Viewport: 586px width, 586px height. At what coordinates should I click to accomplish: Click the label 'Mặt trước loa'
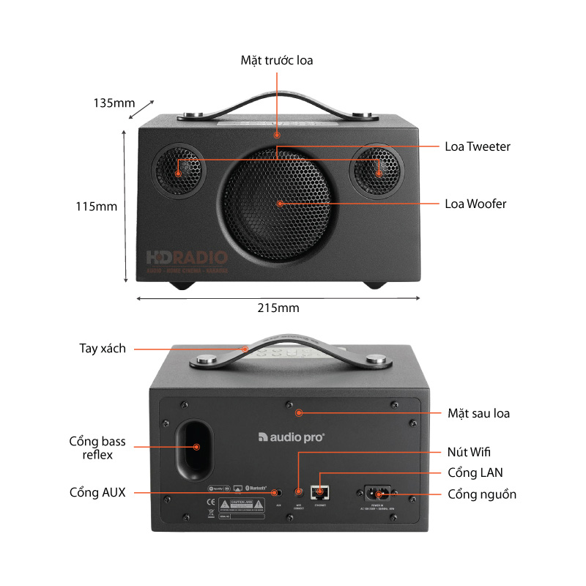tap(276, 60)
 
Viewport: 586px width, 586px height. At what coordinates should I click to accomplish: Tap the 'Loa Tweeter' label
tap(478, 146)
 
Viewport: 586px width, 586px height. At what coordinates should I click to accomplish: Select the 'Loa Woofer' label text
tap(475, 204)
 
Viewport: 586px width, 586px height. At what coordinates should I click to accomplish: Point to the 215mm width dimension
tap(278, 308)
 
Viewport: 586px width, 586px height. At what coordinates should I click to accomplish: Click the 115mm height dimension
tap(96, 207)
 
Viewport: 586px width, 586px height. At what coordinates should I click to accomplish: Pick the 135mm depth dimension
tap(114, 103)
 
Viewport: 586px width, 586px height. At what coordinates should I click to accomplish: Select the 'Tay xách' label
tap(102, 349)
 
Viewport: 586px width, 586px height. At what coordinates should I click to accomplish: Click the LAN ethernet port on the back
tap(319, 492)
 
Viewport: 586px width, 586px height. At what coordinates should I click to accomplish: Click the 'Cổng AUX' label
tap(97, 492)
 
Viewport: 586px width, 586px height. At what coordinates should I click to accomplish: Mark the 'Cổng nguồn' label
tap(482, 494)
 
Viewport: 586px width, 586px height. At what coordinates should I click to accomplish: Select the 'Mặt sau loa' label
tap(478, 413)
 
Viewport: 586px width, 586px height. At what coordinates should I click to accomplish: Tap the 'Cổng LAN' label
tap(475, 472)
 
